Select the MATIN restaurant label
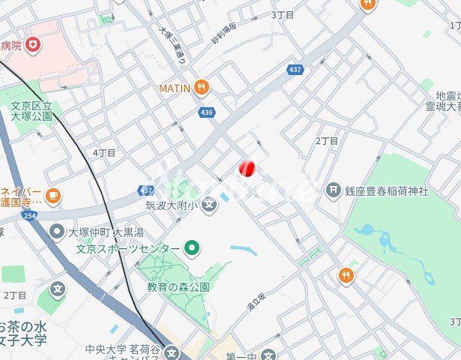tap(174, 88)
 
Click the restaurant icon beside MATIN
tap(201, 88)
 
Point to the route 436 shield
tap(207, 112)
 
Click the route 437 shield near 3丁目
tap(295, 70)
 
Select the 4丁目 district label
tap(104, 153)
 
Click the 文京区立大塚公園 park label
tap(31, 111)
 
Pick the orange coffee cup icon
tap(52, 196)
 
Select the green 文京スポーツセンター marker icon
tap(192, 247)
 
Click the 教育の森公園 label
tap(178, 286)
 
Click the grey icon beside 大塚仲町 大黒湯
tap(57, 232)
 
